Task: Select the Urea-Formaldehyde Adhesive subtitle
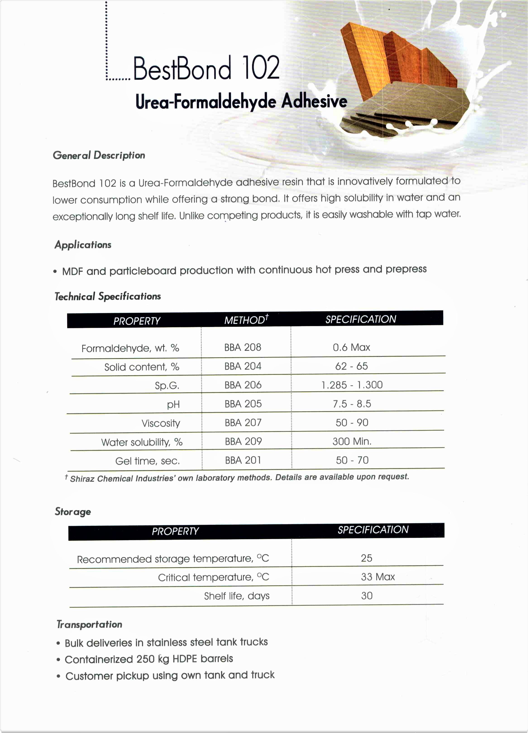[x=241, y=101]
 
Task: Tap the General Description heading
[x=99, y=155]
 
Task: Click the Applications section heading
[x=83, y=245]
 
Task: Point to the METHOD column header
[x=246, y=320]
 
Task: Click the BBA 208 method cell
[x=242, y=347]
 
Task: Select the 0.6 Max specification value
[x=351, y=347]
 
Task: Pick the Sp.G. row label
[x=167, y=386]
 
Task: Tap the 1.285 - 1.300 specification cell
[x=352, y=385]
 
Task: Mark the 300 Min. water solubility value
[x=352, y=441]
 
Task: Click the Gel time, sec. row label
[x=147, y=461]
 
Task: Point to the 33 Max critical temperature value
[x=378, y=577]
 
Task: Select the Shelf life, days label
[x=237, y=596]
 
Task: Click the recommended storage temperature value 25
[x=366, y=558]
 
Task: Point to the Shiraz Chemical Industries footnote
[x=239, y=478]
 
